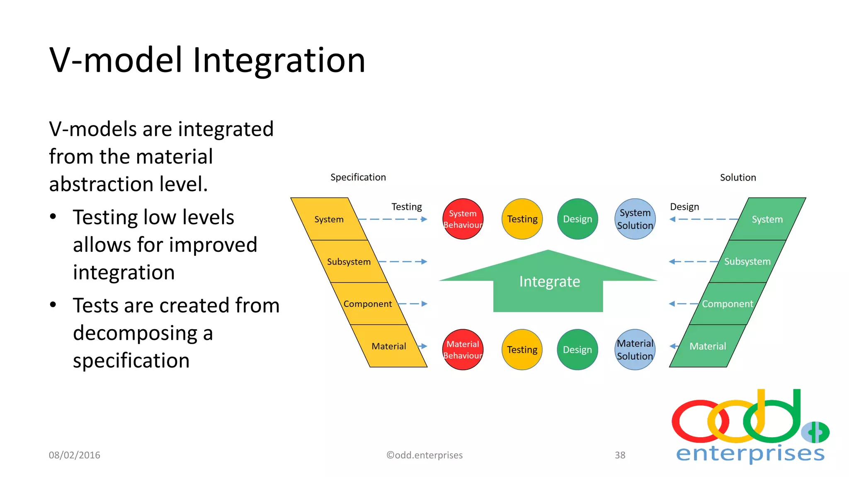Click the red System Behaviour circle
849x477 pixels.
click(x=463, y=219)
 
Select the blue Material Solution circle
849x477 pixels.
click(x=635, y=349)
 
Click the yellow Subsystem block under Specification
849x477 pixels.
click(x=349, y=262)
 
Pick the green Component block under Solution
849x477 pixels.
click(x=727, y=304)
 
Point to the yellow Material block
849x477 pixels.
click(x=388, y=346)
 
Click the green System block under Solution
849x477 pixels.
click(x=767, y=219)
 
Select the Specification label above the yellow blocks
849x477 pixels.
click(x=358, y=177)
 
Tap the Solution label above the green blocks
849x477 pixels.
click(x=737, y=178)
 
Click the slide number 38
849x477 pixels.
click(x=620, y=455)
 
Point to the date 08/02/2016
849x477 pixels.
click(x=75, y=455)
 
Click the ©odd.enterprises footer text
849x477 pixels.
click(x=424, y=455)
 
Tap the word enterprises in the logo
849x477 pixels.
click(x=750, y=453)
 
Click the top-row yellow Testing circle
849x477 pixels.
click(x=522, y=219)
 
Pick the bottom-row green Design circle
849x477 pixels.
click(x=577, y=349)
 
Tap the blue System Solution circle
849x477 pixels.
click(x=635, y=219)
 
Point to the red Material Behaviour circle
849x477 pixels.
click(x=463, y=349)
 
